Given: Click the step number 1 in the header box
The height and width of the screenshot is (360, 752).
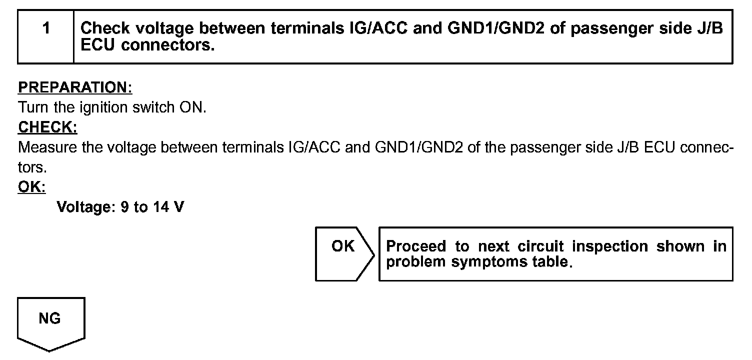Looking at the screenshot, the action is (46, 28).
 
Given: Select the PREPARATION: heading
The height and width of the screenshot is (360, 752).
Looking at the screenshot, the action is (75, 87).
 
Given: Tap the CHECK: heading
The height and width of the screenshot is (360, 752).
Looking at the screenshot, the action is (47, 127).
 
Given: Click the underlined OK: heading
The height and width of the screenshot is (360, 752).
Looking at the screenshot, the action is (31, 187).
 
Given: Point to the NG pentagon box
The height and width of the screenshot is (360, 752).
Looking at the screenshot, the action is (50, 320).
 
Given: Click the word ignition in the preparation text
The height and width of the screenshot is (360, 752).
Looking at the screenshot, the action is (100, 107).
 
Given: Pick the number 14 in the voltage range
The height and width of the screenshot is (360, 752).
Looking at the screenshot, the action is (161, 207).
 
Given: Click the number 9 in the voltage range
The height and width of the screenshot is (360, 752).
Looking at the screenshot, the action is (124, 207).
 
